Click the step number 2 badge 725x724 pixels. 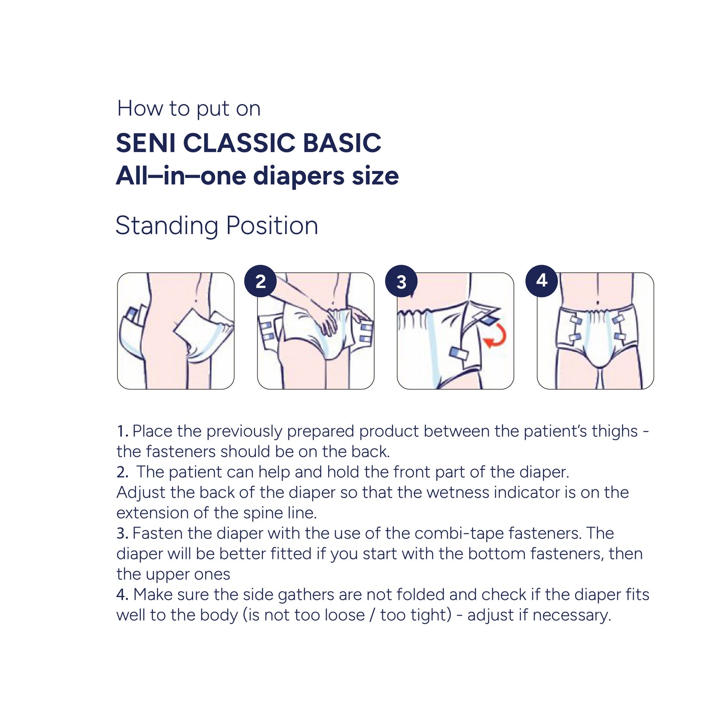click(261, 281)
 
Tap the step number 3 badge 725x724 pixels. click(401, 281)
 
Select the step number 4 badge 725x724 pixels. click(541, 281)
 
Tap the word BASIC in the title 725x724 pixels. click(342, 143)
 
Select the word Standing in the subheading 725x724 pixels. click(167, 227)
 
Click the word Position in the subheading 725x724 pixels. click(272, 226)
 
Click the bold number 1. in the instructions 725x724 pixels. click(122, 431)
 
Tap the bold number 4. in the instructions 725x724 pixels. click(123, 595)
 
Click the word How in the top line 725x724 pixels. click(140, 108)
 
